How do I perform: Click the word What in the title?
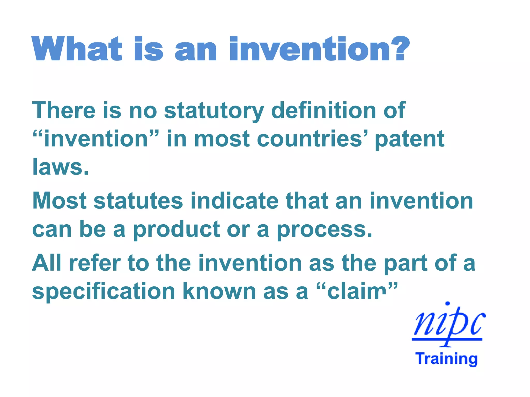[x=77, y=49]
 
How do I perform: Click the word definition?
[x=323, y=111]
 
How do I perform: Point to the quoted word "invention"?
[x=96, y=139]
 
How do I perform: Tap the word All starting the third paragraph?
[x=47, y=263]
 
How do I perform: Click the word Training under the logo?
[x=446, y=359]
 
